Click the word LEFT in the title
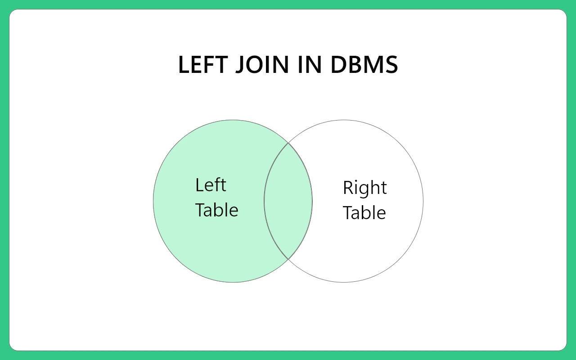[203, 64]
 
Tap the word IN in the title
[310, 64]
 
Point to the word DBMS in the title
[364, 64]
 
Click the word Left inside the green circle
[211, 185]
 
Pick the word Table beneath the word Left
[217, 210]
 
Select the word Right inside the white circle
[365, 189]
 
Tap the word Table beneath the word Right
[364, 212]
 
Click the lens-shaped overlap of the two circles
[288, 201]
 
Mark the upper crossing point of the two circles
[288, 143]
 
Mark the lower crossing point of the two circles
[288, 259]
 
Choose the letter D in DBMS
[338, 64]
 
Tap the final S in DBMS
[391, 64]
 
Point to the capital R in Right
[348, 188]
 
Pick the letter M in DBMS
[374, 64]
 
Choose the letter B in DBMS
[355, 64]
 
